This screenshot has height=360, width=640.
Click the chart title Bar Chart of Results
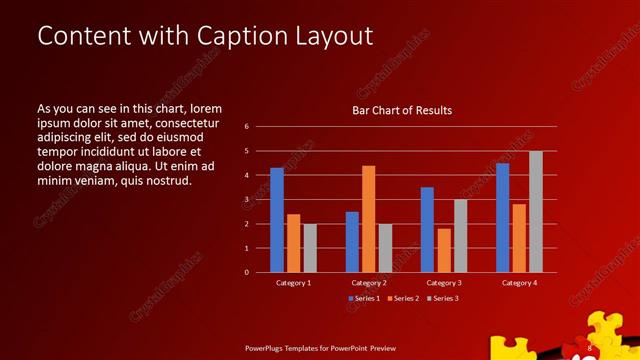402,110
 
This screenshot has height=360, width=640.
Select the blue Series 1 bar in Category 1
277,220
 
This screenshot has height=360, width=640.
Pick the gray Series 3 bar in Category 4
536,212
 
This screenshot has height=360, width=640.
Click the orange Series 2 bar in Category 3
444,250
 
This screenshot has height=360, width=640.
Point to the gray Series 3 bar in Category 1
310,248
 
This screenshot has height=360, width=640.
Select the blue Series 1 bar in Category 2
352,242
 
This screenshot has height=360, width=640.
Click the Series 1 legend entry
365,299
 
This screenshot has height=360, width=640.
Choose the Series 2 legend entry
403,299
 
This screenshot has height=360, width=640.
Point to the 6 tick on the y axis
246,127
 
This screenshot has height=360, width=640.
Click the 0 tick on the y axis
246,272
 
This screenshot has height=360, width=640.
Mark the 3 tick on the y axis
246,200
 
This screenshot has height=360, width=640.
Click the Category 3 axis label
443,283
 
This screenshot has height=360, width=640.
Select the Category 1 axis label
293,283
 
